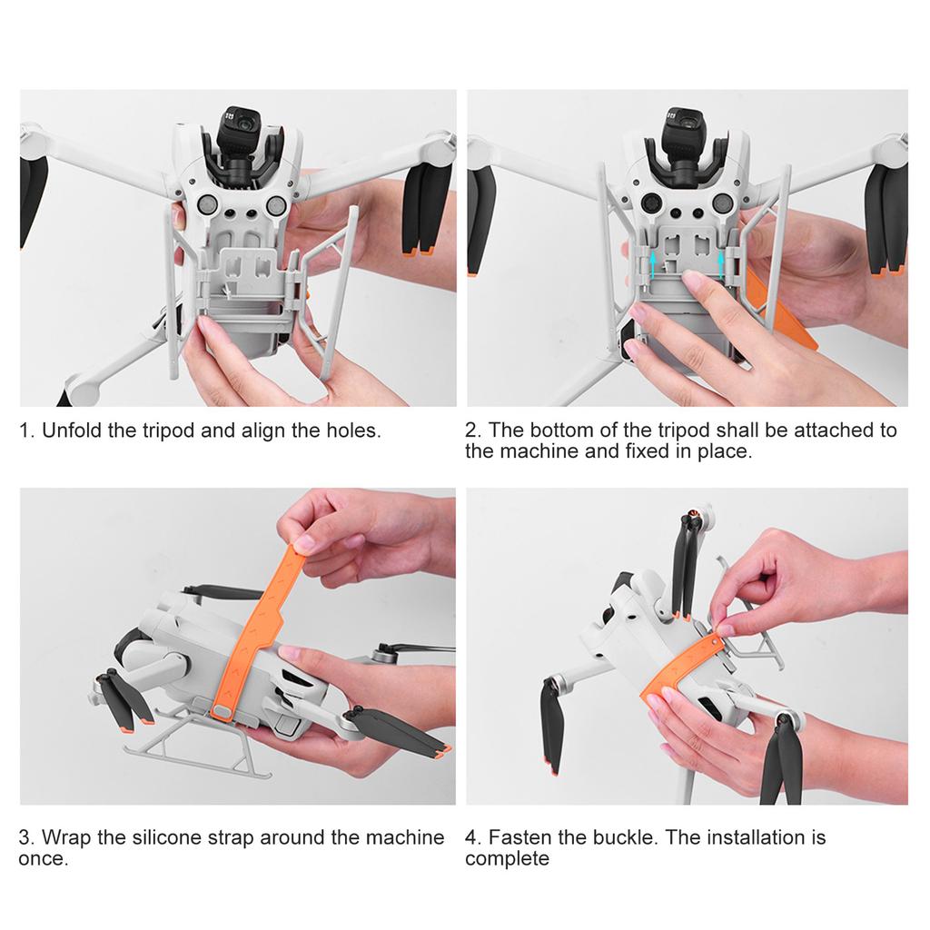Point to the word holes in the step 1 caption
pos(353,430)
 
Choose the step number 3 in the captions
pos(25,836)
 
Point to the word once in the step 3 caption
pos(43,858)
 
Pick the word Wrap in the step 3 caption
pos(66,836)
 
